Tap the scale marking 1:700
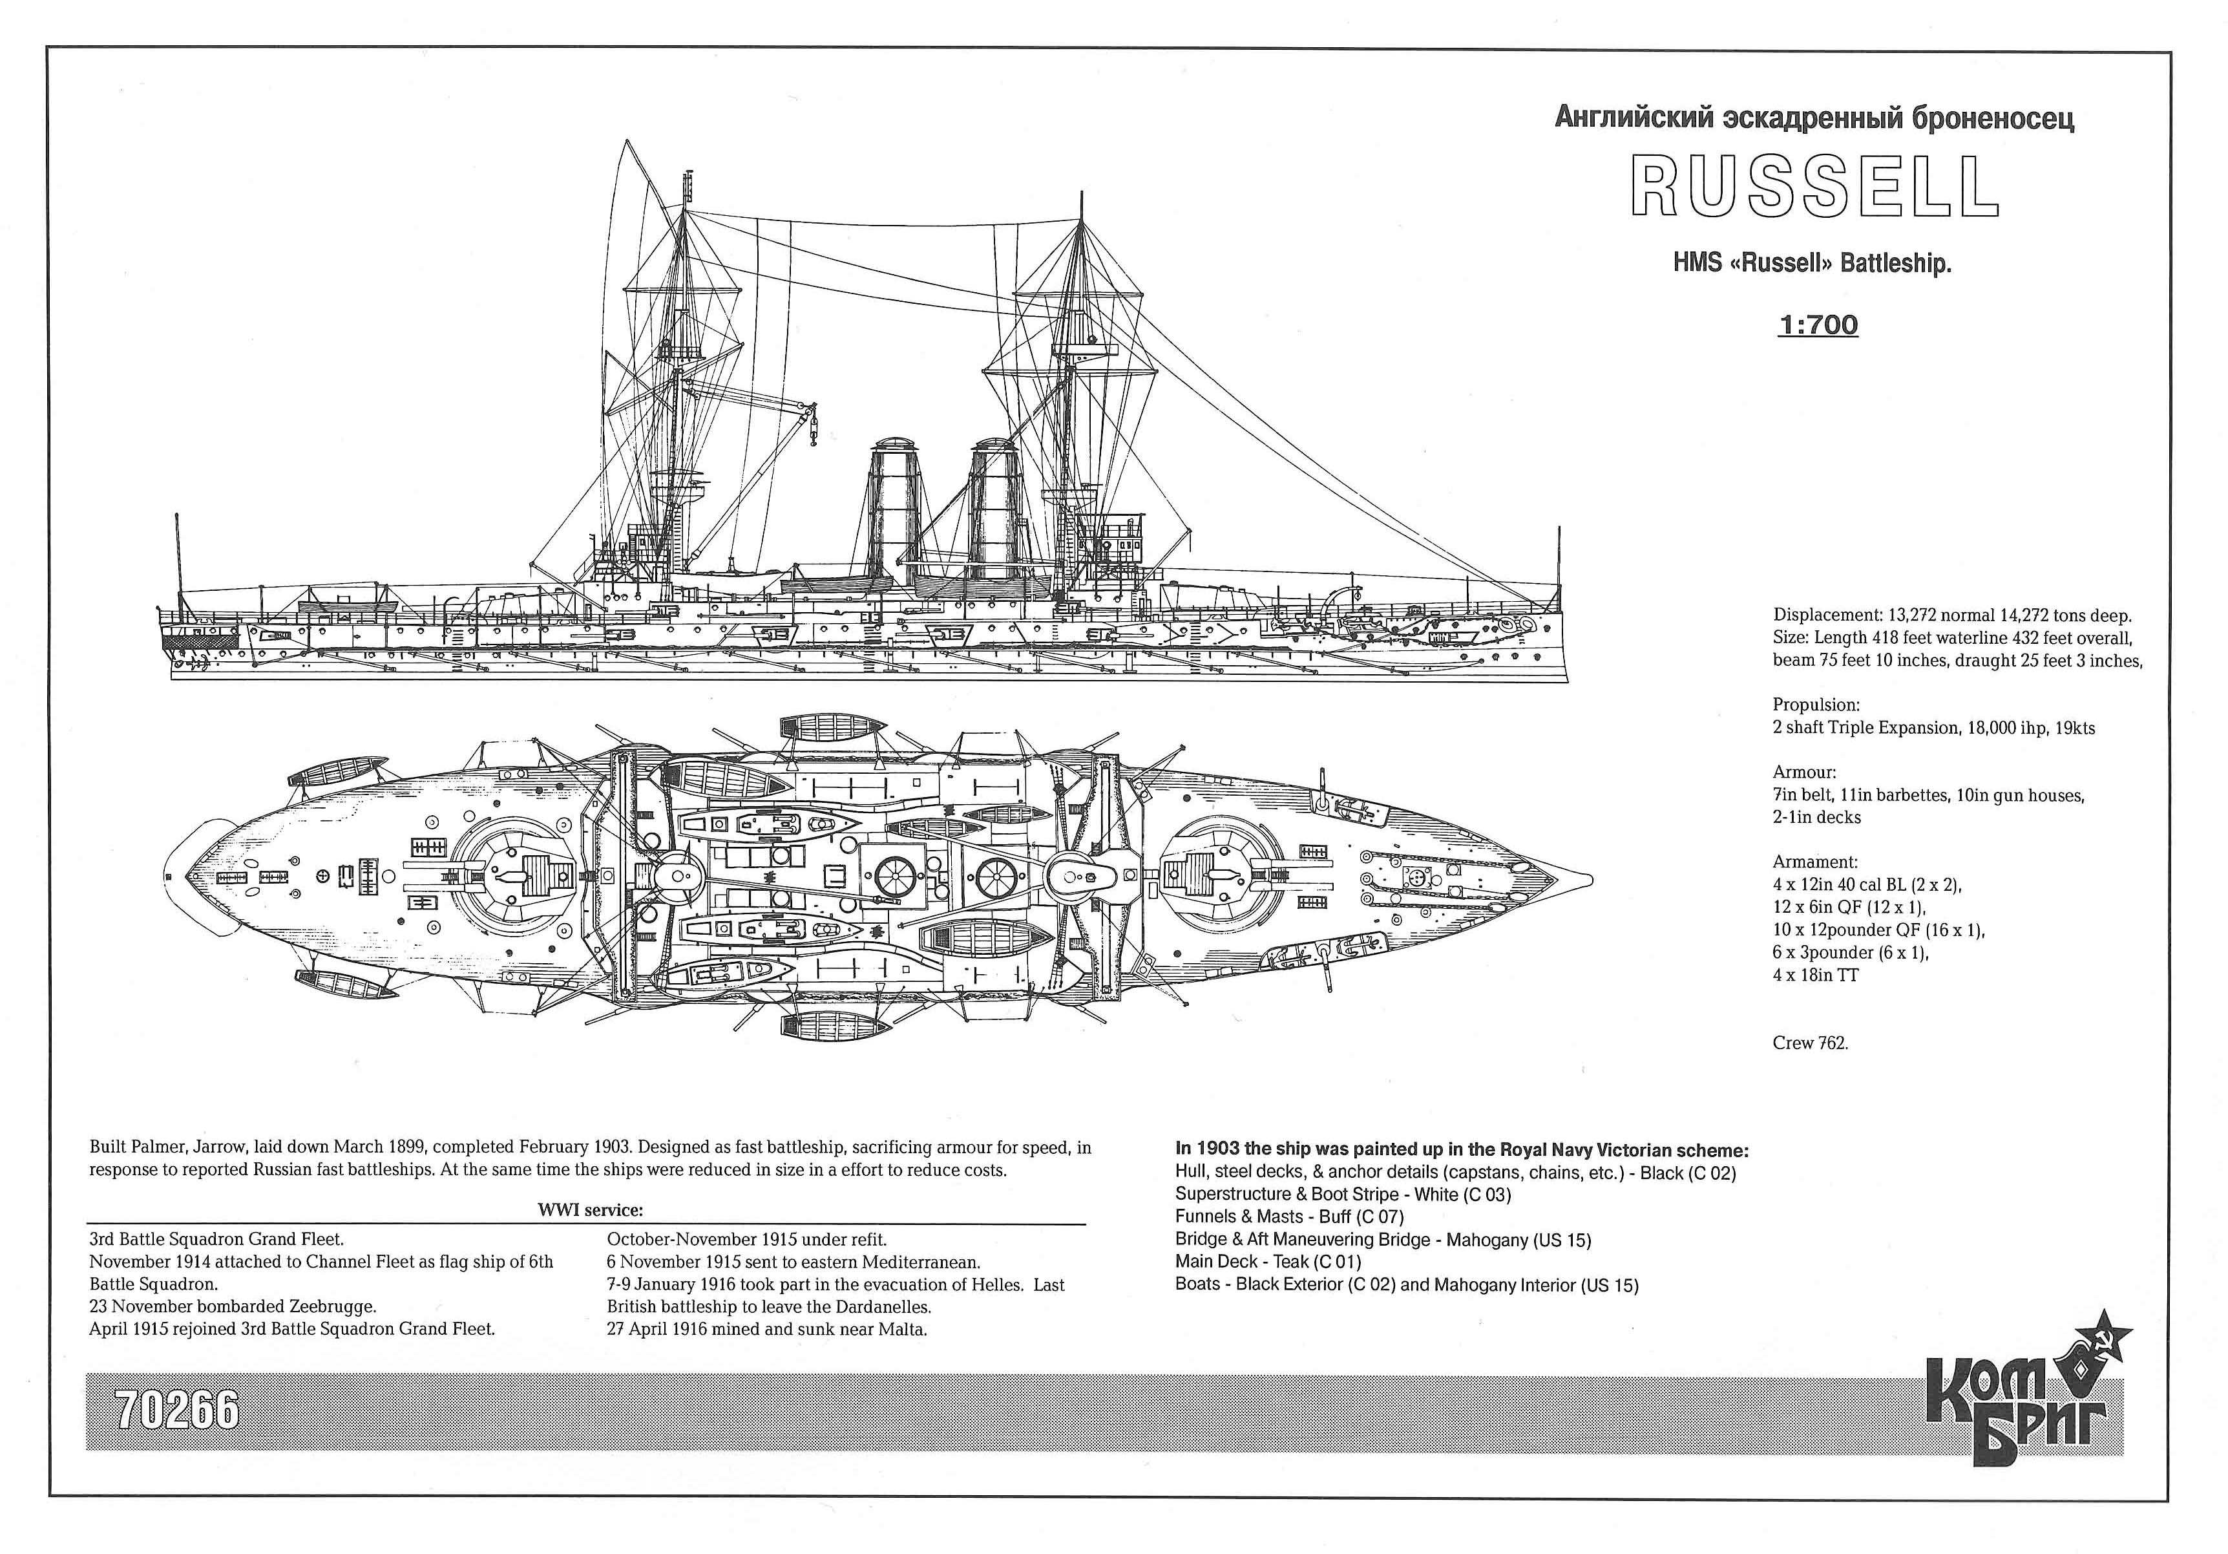tap(1818, 325)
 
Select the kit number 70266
tap(176, 1411)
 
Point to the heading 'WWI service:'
tap(590, 1210)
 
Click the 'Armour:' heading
tap(1805, 772)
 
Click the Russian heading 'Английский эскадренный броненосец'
tap(1814, 118)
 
